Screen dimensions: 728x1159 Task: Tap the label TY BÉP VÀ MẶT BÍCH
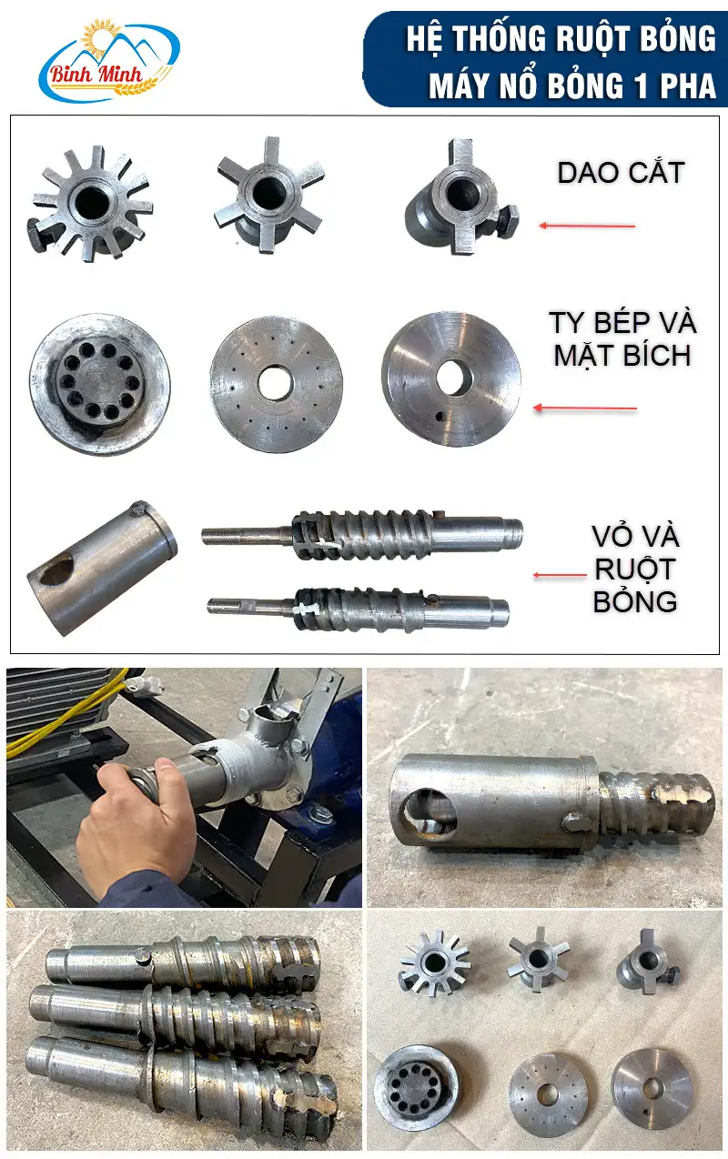(622, 339)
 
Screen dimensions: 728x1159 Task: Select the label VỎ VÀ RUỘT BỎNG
(635, 569)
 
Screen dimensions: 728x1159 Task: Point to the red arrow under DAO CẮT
(587, 226)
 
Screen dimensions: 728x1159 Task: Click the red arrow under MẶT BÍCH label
(585, 408)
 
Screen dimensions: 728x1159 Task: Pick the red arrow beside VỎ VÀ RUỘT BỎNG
(560, 575)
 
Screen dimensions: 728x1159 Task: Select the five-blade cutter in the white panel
(269, 197)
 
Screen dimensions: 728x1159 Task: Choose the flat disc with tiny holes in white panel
(276, 385)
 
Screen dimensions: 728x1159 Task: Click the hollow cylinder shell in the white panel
(102, 567)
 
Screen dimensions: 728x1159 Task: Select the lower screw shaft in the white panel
(358, 609)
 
